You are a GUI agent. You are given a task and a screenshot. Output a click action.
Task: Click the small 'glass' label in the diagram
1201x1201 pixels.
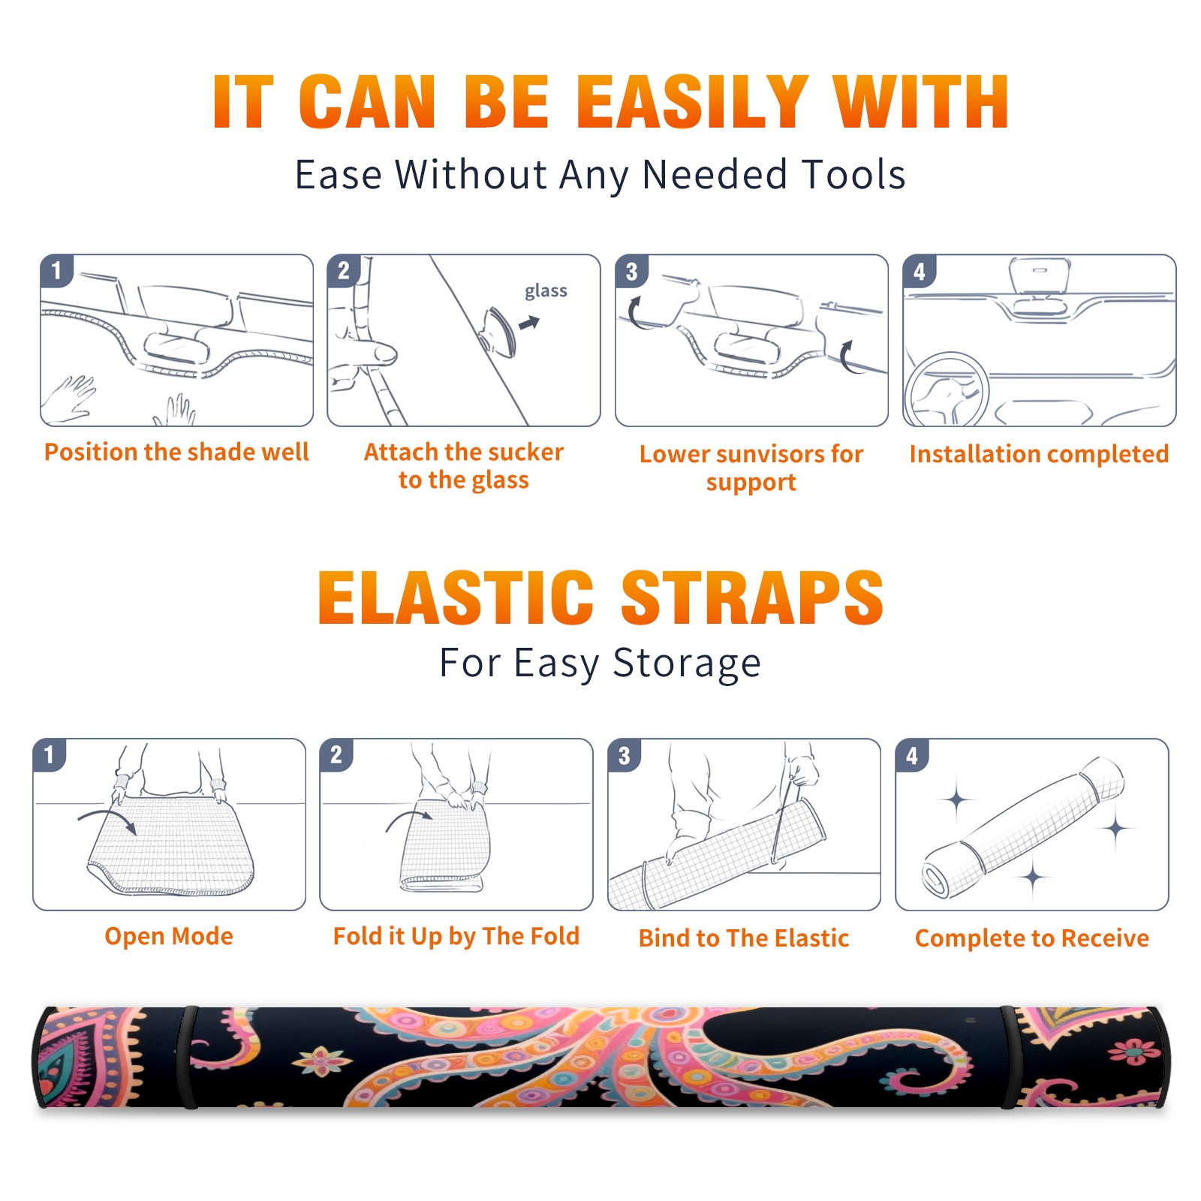[546, 290]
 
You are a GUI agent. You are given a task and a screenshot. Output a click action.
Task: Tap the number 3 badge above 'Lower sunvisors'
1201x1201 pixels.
[631, 271]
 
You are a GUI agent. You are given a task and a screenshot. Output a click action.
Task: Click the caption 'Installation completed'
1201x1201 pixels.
[1039, 453]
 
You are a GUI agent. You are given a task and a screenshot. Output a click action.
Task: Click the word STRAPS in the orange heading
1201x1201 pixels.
[752, 597]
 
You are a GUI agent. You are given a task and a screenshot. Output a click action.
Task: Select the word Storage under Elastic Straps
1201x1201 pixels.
[687, 663]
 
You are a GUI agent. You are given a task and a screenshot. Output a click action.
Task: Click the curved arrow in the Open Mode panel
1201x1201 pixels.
[107, 819]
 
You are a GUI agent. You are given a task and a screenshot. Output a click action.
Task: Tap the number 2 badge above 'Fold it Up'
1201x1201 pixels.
[336, 754]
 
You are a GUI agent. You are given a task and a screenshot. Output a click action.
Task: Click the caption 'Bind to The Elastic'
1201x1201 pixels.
[744, 938]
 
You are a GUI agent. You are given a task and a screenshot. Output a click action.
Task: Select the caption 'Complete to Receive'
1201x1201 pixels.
[1032, 938]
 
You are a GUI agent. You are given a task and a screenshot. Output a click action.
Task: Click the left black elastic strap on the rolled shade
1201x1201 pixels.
[188, 1057]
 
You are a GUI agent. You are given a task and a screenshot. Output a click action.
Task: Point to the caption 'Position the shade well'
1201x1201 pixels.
[176, 452]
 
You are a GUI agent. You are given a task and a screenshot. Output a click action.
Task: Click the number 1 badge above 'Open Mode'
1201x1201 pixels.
[49, 754]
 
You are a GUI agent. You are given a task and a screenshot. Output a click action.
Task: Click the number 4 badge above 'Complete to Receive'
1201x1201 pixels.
[912, 755]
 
